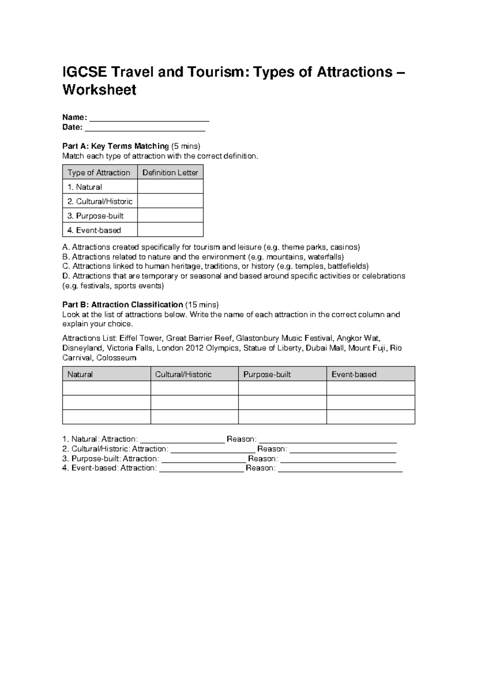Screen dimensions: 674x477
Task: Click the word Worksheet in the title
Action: click(x=99, y=90)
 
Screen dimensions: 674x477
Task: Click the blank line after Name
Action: click(x=149, y=118)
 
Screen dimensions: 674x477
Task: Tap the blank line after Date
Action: click(x=145, y=128)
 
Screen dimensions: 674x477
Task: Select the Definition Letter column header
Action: click(x=170, y=172)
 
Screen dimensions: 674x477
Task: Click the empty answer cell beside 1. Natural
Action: click(x=170, y=187)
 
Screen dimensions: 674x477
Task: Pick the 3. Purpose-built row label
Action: click(x=95, y=216)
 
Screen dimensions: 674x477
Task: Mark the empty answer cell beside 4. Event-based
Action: click(x=170, y=230)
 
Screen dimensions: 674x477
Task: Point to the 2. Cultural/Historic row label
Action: click(x=100, y=201)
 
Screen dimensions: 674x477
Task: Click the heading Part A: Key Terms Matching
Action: click(x=116, y=146)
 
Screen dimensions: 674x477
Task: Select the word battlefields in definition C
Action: click(x=347, y=266)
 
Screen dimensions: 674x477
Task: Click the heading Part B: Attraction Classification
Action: click(x=123, y=305)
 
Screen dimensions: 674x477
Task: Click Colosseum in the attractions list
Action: click(x=116, y=358)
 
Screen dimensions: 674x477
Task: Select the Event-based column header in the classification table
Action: click(x=354, y=374)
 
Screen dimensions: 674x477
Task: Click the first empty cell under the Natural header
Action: click(x=106, y=388)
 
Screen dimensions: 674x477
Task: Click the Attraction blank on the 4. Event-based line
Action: click(x=201, y=468)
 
